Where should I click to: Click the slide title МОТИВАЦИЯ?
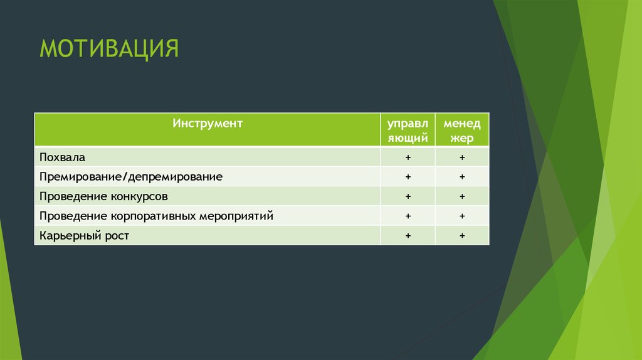point(110,48)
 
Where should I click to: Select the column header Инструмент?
point(208,124)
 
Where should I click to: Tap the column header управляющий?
point(408,130)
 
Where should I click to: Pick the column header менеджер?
point(461,130)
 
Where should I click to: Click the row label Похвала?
point(62,157)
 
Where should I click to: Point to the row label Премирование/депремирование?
point(130,177)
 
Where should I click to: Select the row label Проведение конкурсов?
point(103,196)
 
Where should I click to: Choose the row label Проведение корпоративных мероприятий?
point(156,216)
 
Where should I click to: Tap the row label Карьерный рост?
point(84,236)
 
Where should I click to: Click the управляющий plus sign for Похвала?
point(408,157)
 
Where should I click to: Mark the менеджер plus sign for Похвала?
point(461,157)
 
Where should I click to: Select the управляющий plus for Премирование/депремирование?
point(408,177)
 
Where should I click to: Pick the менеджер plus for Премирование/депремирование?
point(461,177)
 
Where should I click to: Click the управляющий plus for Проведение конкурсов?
point(408,196)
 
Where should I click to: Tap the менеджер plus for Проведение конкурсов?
point(461,196)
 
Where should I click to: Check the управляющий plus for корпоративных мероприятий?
point(408,216)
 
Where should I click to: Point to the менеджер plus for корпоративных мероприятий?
point(461,216)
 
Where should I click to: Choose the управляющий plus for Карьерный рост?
point(408,236)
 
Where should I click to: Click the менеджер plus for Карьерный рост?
point(461,236)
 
